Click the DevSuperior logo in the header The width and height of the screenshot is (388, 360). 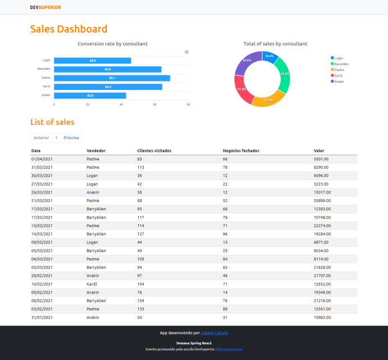[46, 7]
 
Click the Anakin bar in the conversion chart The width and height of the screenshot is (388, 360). [90, 96]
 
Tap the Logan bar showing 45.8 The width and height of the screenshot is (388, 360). [92, 60]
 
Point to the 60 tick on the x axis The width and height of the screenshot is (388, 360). [155, 105]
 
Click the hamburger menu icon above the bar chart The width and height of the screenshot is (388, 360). [187, 52]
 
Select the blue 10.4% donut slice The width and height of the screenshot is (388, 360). [270, 57]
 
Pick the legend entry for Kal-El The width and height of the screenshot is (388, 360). [339, 75]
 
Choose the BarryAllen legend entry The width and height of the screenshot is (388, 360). [342, 64]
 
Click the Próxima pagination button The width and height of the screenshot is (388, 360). [71, 138]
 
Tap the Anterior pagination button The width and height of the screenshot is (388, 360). [41, 138]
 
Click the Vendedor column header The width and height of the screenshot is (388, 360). [96, 151]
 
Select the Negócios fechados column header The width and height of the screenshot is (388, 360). [241, 151]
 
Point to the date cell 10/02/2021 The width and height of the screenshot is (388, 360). [42, 284]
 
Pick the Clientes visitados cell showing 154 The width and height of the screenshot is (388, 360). [141, 301]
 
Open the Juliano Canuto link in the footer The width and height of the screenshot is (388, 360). [214, 333]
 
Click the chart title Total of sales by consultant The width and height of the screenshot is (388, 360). [275, 44]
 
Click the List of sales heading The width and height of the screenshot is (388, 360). [52, 122]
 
